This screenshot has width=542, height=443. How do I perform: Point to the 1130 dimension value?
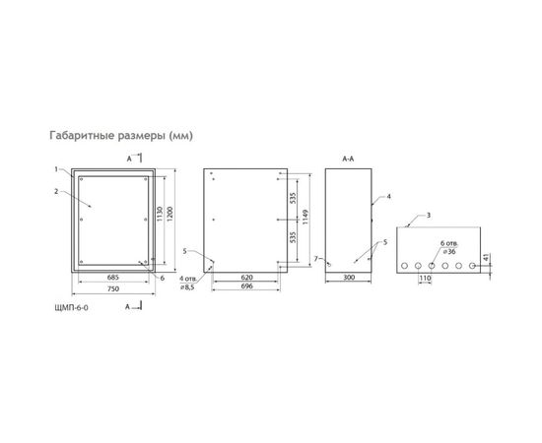click(x=159, y=217)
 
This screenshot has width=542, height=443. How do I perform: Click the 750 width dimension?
click(x=113, y=291)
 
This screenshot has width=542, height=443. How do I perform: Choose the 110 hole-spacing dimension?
click(x=427, y=280)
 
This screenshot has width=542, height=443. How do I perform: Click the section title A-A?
click(x=349, y=158)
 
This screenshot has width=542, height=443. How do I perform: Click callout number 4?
click(x=389, y=197)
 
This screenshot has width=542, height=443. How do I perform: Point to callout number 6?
click(x=162, y=278)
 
